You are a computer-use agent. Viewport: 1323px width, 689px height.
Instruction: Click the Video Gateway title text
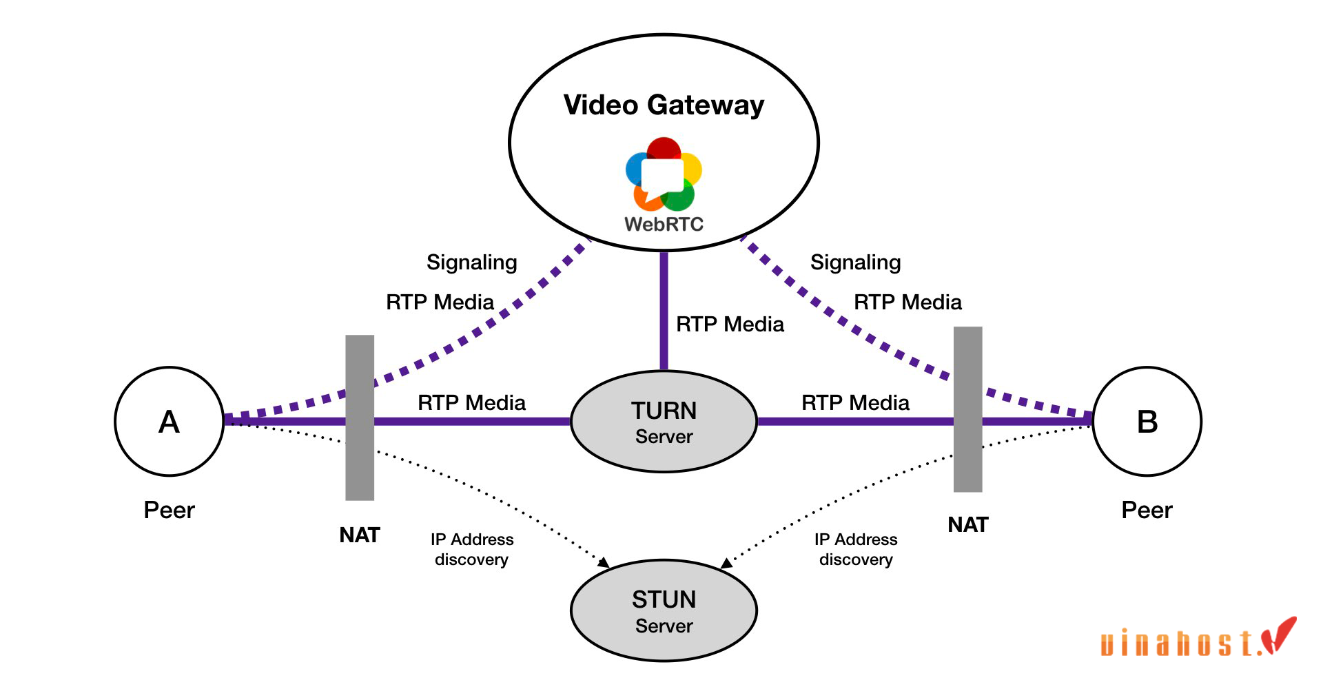pos(664,105)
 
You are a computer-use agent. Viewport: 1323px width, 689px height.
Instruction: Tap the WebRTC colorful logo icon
pos(664,174)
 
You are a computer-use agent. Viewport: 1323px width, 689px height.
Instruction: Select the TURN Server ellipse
pos(664,422)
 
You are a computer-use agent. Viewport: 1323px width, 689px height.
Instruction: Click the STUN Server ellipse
pos(664,611)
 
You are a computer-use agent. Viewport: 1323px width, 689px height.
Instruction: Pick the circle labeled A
pos(169,421)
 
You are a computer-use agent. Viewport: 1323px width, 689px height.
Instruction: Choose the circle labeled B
pos(1147,421)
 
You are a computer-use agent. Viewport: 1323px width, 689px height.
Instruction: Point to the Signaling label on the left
pos(471,263)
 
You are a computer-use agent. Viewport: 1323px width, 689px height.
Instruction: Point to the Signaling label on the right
pos(855,263)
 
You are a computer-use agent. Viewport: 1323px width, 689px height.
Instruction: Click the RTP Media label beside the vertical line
pos(730,325)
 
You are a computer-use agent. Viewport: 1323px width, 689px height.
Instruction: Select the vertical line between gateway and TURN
pos(664,310)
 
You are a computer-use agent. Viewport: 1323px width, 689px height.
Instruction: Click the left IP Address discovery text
pos(472,549)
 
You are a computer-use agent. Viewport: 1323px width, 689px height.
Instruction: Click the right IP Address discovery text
pos(856,549)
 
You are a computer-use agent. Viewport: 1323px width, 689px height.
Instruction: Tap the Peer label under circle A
pos(169,511)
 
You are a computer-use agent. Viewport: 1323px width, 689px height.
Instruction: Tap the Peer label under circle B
pos(1147,511)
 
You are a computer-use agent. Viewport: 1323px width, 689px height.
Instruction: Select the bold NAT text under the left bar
pos(360,535)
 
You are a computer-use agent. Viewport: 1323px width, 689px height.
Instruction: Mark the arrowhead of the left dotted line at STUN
pos(604,563)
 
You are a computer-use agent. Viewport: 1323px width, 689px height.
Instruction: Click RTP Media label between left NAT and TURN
pos(471,403)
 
